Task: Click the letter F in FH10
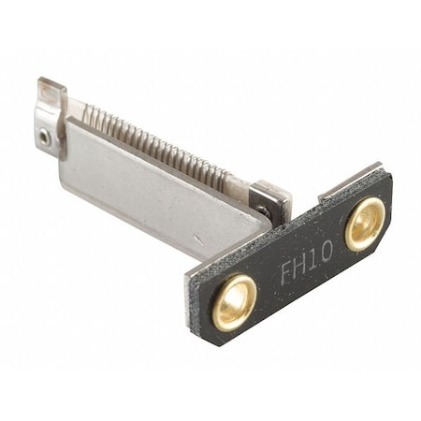click(x=286, y=274)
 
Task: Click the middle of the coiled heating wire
click(x=154, y=146)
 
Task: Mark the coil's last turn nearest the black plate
click(x=227, y=179)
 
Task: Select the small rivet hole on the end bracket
click(x=44, y=137)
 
